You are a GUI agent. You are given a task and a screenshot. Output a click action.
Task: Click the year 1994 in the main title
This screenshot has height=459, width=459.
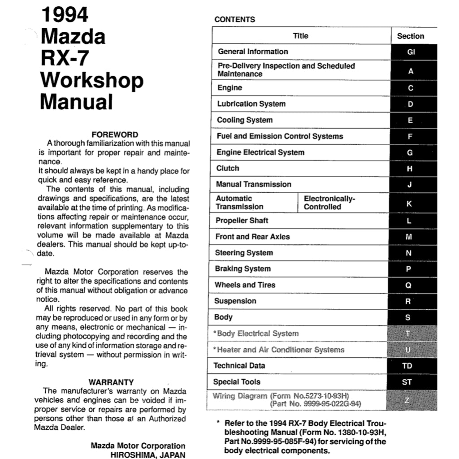click(x=65, y=15)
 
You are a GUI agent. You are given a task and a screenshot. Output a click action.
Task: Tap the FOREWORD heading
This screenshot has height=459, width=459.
click(x=115, y=134)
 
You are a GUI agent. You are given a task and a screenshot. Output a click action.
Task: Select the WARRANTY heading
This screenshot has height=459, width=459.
click(x=111, y=382)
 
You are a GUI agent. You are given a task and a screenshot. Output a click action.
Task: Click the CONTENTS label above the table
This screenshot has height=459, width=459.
click(x=235, y=19)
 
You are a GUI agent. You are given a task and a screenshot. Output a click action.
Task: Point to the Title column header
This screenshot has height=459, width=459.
click(x=300, y=36)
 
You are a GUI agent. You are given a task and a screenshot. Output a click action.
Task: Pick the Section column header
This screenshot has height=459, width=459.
click(x=410, y=36)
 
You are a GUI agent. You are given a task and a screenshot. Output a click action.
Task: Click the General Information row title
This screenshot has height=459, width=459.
click(x=253, y=52)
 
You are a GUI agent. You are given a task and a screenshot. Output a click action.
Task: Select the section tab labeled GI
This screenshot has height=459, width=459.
click(x=411, y=52)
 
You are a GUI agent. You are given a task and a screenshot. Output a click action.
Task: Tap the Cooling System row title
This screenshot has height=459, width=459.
click(x=245, y=120)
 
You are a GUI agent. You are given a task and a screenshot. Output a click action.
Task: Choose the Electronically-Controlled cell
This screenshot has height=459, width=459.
click(x=329, y=203)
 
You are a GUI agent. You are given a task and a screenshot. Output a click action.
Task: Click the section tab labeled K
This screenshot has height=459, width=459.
click(x=409, y=204)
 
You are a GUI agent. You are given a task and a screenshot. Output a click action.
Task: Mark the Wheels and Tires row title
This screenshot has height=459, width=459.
click(x=245, y=285)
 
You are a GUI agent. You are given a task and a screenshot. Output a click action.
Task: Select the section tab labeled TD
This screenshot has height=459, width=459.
click(x=407, y=366)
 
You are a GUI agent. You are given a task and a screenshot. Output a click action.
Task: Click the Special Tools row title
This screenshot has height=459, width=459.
click(x=237, y=382)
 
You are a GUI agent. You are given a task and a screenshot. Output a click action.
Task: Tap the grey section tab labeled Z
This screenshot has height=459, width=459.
click(x=407, y=400)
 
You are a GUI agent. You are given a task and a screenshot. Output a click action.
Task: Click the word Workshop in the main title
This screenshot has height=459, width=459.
click(x=92, y=80)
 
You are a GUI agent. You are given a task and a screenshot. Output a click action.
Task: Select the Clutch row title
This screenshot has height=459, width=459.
click(x=228, y=169)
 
